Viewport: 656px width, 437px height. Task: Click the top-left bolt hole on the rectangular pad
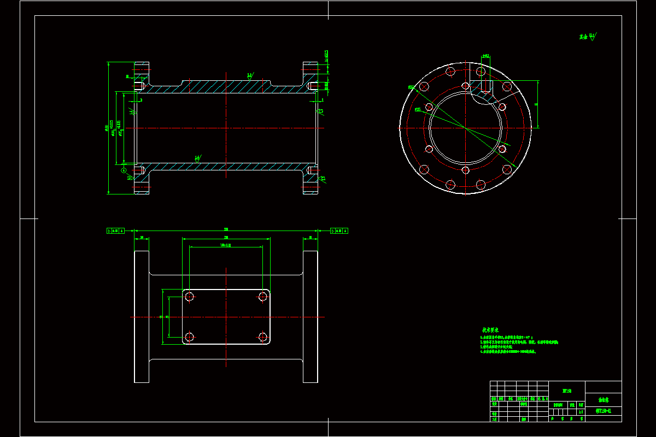190,297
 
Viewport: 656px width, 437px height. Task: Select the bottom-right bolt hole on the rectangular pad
263,336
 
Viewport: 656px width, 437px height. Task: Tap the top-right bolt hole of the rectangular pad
263,297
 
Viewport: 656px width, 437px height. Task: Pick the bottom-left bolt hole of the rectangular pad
190,336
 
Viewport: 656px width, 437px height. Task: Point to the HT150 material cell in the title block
566,391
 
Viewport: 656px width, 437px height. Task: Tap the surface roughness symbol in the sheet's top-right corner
588,37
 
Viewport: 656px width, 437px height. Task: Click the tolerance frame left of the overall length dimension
116,231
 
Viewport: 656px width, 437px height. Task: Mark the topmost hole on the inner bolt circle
465,86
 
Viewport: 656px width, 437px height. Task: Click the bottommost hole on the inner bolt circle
465,170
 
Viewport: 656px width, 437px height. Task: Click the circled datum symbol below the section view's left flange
124,170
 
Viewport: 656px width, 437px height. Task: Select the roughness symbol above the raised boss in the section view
249,75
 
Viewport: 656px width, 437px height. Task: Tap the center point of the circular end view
465,128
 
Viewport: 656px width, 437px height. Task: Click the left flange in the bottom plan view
142,317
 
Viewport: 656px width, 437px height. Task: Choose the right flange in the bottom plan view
311,317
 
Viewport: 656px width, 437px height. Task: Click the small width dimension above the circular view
485,56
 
